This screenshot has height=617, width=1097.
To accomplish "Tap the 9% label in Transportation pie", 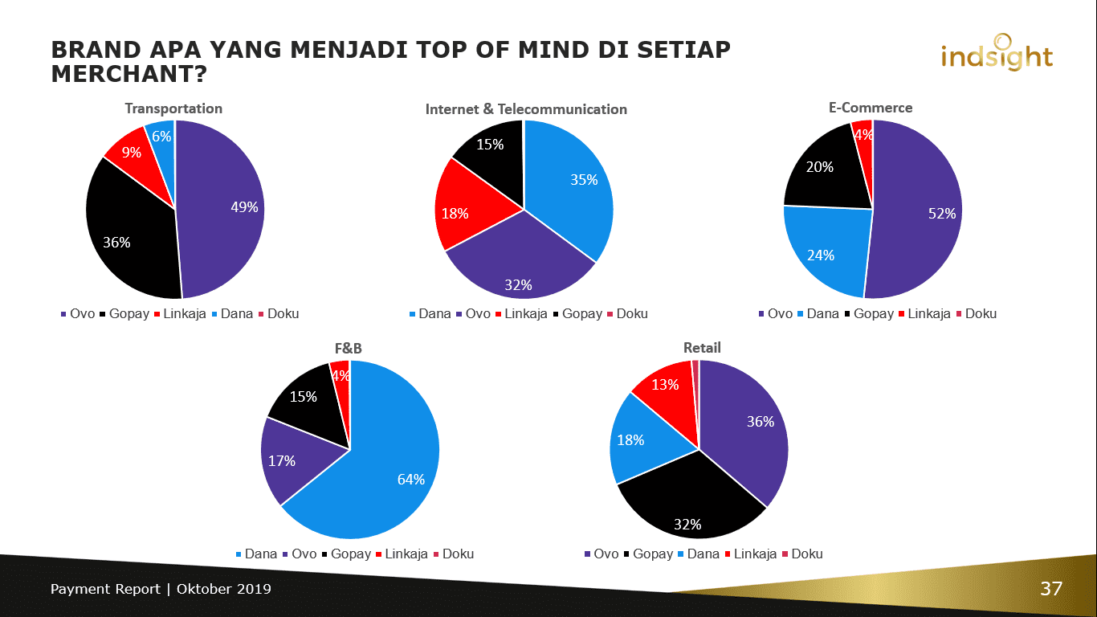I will click(132, 152).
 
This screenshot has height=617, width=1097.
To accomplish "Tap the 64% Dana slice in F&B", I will click(385, 474).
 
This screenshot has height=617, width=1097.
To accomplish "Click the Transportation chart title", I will click(173, 108).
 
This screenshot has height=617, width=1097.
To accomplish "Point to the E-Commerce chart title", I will click(871, 108).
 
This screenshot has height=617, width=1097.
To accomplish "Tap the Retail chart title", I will click(702, 348).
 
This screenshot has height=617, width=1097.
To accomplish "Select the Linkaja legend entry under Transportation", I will click(184, 313).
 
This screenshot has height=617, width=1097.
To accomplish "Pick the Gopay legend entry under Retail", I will click(652, 554).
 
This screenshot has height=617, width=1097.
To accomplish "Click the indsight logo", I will click(996, 54).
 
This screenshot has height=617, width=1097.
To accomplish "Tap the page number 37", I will click(1051, 589).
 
